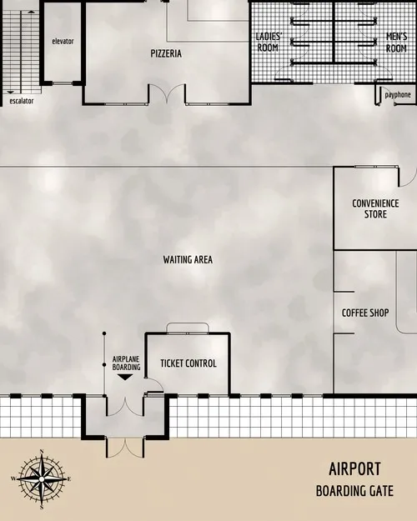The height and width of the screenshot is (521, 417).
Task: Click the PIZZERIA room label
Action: pos(167,53)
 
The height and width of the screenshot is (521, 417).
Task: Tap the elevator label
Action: pos(63,41)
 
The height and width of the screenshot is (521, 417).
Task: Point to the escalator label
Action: pos(22,101)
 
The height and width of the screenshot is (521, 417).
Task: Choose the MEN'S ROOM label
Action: pos(396,43)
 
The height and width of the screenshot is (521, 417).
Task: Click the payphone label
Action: pos(398,95)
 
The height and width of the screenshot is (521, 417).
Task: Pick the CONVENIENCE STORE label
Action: pos(375,208)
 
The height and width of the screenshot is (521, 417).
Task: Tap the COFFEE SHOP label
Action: pos(365,313)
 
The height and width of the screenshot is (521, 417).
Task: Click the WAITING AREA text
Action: pos(188,259)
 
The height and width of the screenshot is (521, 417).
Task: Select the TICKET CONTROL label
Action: pos(188,363)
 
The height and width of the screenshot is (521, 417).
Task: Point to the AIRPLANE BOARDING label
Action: pos(125,363)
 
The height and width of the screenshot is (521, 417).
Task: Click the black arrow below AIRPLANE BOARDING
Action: pos(124,377)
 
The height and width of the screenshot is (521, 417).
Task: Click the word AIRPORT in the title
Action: pos(354,468)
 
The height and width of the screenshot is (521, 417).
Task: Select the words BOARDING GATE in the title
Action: pos(354,492)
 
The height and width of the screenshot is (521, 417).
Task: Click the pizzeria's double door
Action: pos(167,94)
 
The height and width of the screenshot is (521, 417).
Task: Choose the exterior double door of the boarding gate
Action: pos(125,447)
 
